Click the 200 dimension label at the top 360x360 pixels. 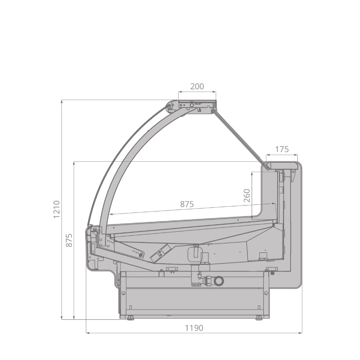[x=197, y=86]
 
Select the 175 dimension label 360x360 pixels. [x=282, y=149]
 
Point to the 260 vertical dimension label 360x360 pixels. [x=247, y=195]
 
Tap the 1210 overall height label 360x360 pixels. [x=57, y=210]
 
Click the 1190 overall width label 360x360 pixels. [x=194, y=328]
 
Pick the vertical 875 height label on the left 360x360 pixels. [x=69, y=240]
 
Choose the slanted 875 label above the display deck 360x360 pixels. [x=187, y=204]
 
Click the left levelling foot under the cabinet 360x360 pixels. [x=131, y=318]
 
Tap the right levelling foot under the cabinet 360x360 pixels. [x=259, y=318]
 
